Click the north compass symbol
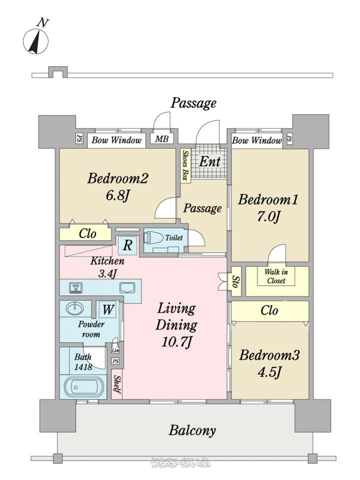pos(36,37)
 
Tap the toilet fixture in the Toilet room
pos(153,238)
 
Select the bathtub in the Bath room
pos(83,387)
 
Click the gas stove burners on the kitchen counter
pos(75,287)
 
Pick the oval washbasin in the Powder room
pos(74,308)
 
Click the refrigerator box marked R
pos(127,244)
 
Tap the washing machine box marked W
pos(108,309)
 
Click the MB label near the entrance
pos(161,139)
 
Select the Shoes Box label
pos(185,165)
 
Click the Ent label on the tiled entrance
pos(210,161)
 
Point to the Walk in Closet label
pos(276,276)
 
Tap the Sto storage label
pos(235,281)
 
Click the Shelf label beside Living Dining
pos(117,384)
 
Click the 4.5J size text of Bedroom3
pos(269,372)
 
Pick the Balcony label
pos(192,430)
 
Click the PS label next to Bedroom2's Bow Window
pos(79,138)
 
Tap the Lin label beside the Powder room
pos(115,350)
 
